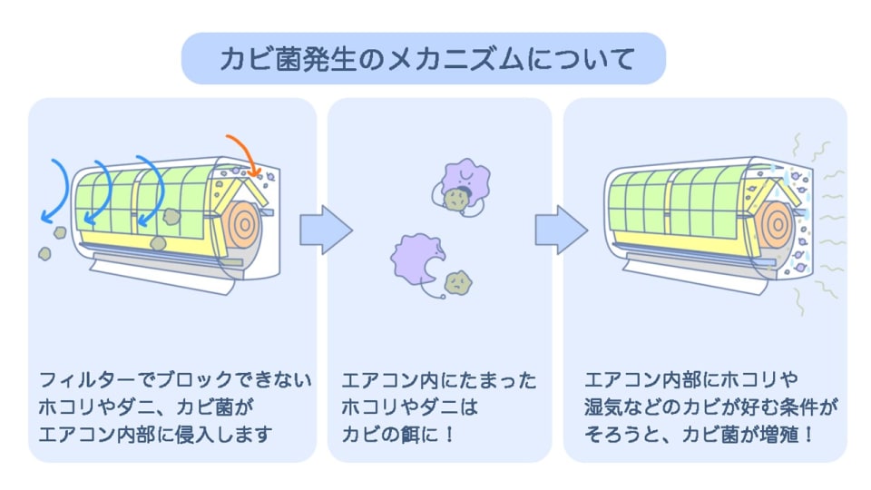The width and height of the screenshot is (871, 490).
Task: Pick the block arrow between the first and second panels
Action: (x=325, y=230)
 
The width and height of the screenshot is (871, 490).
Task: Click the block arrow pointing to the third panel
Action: (x=561, y=230)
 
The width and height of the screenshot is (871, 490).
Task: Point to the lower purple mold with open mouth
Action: (x=416, y=259)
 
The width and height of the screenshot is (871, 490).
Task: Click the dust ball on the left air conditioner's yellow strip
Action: (x=157, y=242)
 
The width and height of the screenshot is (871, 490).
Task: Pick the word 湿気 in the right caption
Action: (x=607, y=407)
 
